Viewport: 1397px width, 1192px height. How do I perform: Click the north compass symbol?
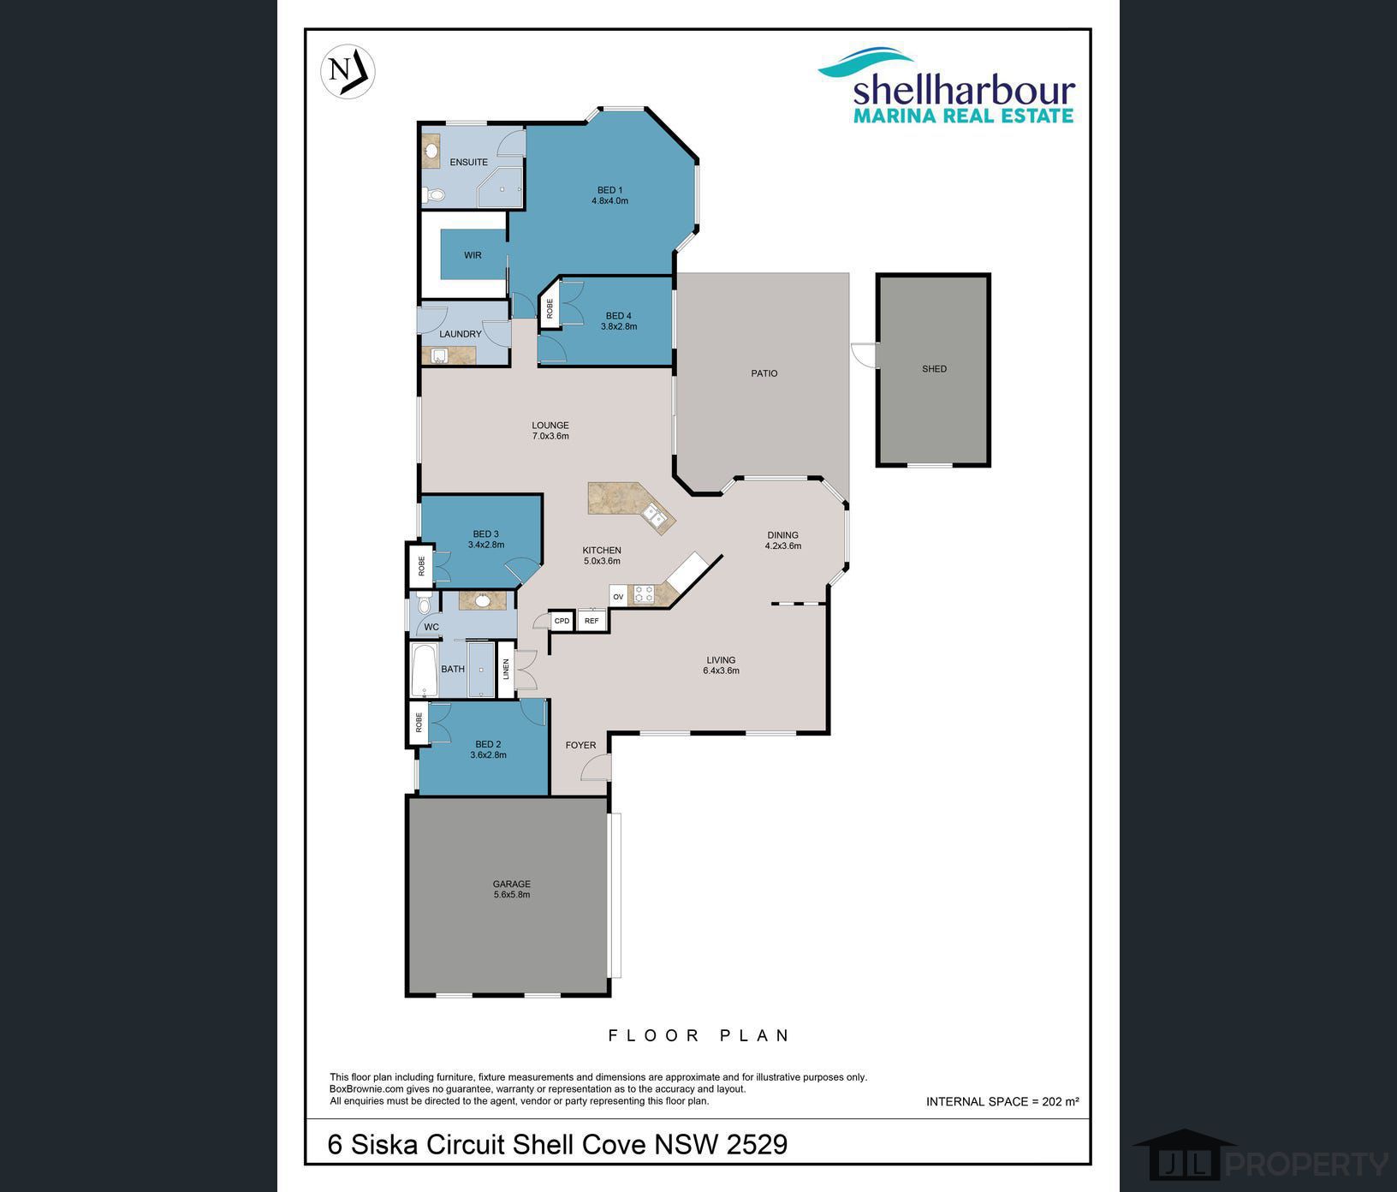coord(348,70)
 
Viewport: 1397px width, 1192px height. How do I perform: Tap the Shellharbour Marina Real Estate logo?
coord(947,85)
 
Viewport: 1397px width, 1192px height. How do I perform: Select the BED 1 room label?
coord(609,195)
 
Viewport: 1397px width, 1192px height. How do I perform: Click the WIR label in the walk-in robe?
coord(473,255)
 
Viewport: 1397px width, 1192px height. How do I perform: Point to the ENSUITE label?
coord(468,162)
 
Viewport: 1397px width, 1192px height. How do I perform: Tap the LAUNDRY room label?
coord(461,334)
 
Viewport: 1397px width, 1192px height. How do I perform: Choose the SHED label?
coord(934,369)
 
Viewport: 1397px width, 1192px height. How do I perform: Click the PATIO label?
coord(764,373)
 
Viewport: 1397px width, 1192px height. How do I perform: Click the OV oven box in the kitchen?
coord(618,597)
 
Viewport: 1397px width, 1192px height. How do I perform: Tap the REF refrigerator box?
coord(591,621)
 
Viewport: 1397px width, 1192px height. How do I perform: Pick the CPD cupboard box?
coord(562,621)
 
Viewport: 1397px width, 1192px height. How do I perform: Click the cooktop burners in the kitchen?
coord(643,593)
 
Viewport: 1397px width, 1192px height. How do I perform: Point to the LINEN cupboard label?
coord(506,669)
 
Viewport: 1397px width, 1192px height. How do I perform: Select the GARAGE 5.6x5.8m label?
coord(512,890)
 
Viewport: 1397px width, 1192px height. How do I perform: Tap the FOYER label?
coord(580,745)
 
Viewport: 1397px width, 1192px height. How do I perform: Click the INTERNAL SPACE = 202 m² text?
coord(1002,1101)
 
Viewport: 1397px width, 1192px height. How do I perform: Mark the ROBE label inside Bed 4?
coord(550,309)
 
